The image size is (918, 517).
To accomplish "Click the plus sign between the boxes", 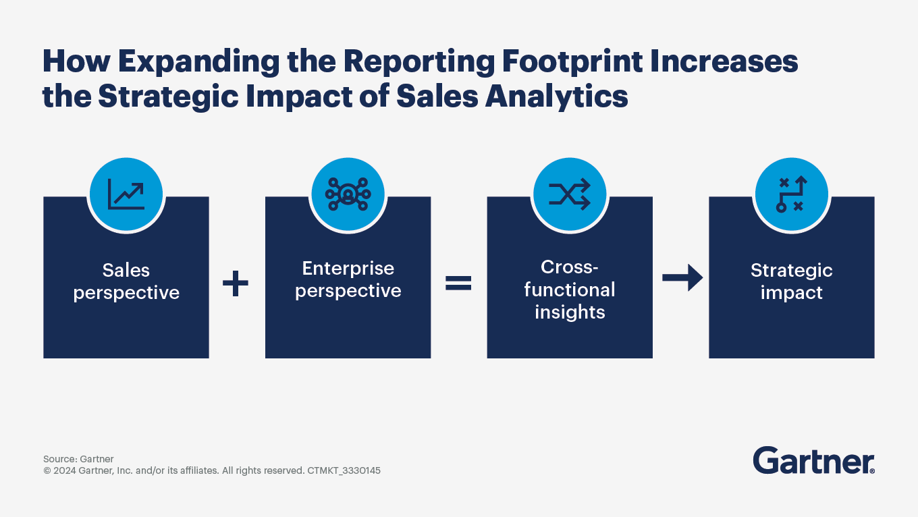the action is (x=235, y=283).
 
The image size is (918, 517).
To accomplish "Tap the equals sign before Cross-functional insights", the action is (x=458, y=283).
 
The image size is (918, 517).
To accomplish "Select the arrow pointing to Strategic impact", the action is (x=682, y=278).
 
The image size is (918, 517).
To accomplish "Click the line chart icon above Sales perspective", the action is (x=126, y=194).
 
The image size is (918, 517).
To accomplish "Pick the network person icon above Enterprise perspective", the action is (x=348, y=194).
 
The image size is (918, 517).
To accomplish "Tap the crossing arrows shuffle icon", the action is (x=570, y=194).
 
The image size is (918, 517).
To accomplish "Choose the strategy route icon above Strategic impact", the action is (x=791, y=194).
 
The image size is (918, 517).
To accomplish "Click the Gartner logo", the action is (x=813, y=460).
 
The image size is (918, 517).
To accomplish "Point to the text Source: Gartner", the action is (x=78, y=459).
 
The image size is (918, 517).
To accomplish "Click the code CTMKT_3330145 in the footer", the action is (x=344, y=470).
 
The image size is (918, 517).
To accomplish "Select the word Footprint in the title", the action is (x=572, y=61).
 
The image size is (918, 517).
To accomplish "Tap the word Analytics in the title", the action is (x=556, y=97).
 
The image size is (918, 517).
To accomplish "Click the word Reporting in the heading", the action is (x=418, y=61).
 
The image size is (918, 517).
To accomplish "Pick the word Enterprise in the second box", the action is (x=348, y=269).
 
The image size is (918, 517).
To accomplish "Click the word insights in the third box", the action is (x=570, y=312).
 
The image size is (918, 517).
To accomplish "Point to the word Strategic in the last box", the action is (x=791, y=271).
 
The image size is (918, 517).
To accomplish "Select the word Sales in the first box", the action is (x=126, y=271).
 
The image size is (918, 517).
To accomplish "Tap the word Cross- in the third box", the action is (x=570, y=267).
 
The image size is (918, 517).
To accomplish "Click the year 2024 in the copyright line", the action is (x=64, y=470).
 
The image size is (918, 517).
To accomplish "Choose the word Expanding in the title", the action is (x=198, y=61).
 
